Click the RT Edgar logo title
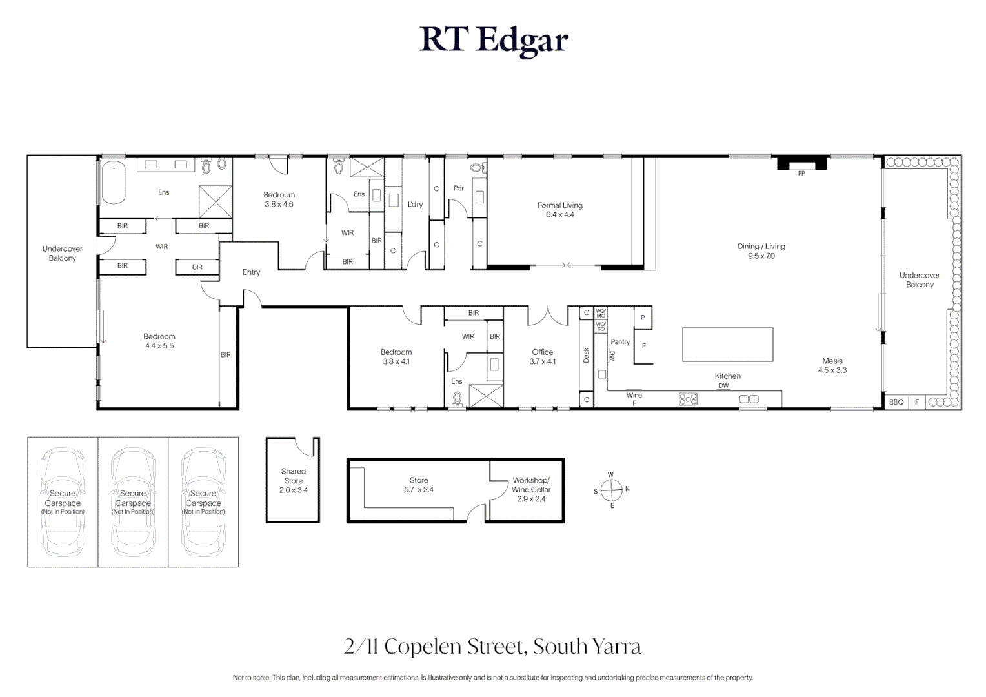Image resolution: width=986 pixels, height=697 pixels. (x=493, y=40)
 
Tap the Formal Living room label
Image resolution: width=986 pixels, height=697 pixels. (x=559, y=210)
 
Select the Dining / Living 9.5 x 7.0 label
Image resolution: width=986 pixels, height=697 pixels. (x=761, y=251)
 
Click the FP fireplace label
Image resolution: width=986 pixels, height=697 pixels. (x=801, y=173)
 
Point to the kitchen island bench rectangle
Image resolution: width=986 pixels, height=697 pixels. (x=727, y=344)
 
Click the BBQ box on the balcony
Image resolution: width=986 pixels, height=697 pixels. (x=896, y=402)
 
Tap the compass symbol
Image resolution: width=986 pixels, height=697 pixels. (x=611, y=490)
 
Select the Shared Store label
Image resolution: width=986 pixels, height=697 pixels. (x=293, y=481)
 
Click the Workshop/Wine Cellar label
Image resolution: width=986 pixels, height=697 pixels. (x=531, y=489)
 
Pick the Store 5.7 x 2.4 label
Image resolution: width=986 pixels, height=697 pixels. (x=419, y=485)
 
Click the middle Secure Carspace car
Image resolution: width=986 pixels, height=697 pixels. (x=133, y=502)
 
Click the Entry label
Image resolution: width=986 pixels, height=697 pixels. (x=251, y=272)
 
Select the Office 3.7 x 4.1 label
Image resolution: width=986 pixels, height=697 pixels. (x=542, y=357)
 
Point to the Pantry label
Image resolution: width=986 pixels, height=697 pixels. (x=620, y=342)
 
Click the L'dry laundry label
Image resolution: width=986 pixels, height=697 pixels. (x=415, y=204)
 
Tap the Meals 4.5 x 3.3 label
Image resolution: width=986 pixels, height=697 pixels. (x=832, y=365)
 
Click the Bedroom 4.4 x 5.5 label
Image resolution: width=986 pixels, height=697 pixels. (x=159, y=341)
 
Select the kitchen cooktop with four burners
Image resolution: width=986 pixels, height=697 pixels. (x=688, y=399)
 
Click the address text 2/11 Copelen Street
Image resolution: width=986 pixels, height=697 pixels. (x=492, y=646)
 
